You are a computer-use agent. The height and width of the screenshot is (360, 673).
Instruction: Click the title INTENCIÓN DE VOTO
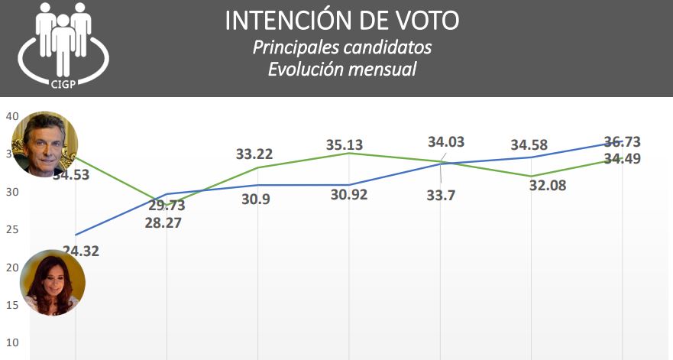coord(341,21)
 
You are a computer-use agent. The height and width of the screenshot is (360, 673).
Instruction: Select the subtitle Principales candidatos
coord(341,47)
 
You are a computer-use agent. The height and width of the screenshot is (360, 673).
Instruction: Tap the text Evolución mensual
coord(341,69)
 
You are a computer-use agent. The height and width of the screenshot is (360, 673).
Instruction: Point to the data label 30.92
coord(349,194)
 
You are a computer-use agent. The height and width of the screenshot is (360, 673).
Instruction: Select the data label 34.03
coord(446,141)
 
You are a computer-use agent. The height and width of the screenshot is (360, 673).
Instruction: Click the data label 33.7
coord(442,195)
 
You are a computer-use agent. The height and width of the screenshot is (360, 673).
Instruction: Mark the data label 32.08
coord(548,185)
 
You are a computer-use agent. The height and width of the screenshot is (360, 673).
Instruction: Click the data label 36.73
coord(622,141)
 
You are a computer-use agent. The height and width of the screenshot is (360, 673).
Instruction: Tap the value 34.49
coord(622,158)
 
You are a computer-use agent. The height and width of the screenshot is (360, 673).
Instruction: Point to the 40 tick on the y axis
coord(12,117)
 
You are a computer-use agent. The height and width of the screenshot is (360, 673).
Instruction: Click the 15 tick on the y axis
coord(12,305)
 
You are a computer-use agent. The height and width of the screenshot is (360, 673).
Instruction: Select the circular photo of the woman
coord(52,283)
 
